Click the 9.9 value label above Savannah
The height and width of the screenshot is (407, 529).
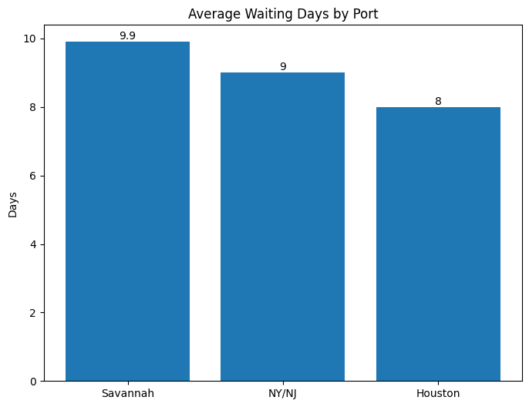point(127,35)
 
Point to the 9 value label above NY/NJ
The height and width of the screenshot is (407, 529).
point(283,66)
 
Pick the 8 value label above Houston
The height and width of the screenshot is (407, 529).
point(438,101)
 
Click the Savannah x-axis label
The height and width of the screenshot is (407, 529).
point(127,393)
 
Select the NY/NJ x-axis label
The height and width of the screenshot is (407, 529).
point(282,393)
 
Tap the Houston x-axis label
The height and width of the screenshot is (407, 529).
point(438,393)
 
